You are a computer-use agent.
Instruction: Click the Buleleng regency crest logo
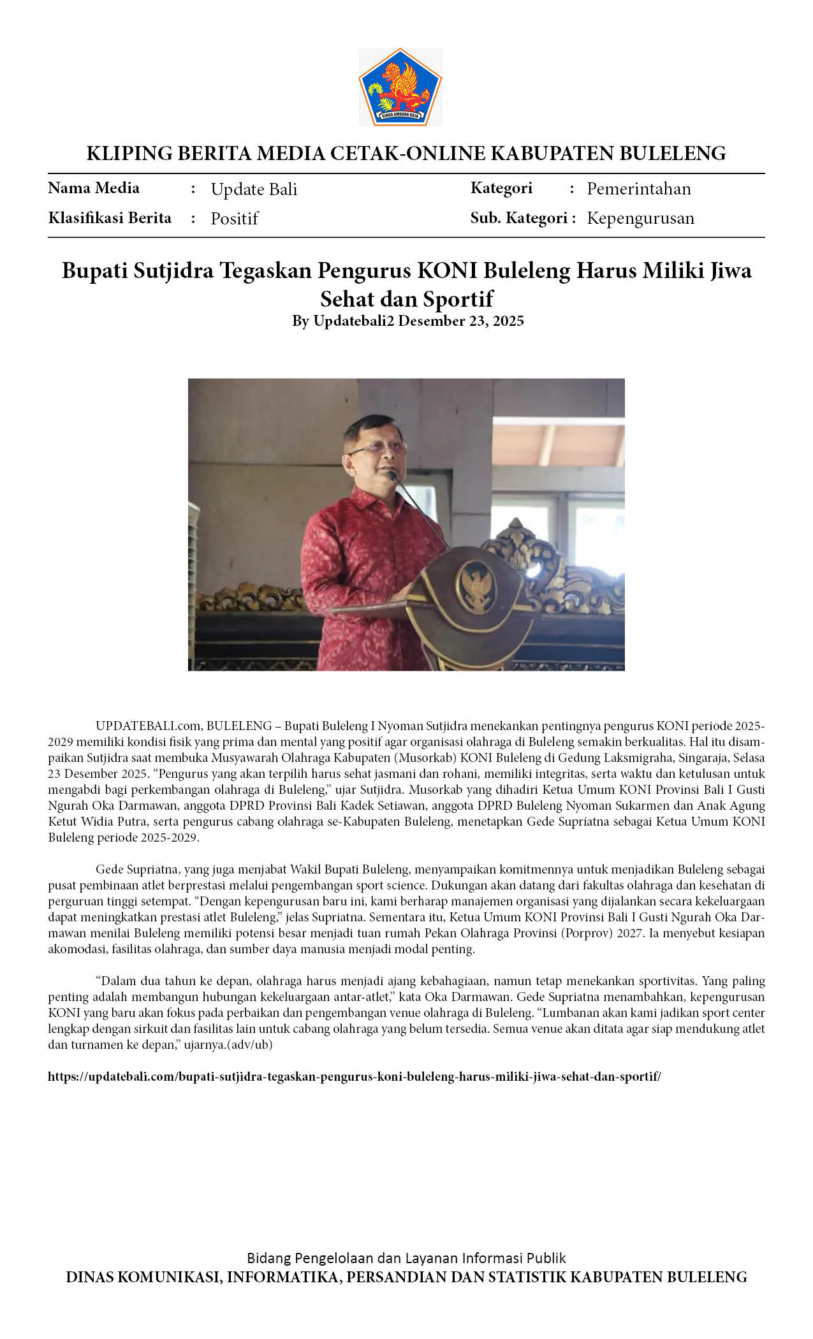pyautogui.click(x=400, y=87)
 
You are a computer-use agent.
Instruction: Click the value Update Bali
pyautogui.click(x=254, y=189)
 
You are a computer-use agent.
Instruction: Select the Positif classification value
pyautogui.click(x=234, y=219)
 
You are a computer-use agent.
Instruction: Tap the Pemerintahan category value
pyautogui.click(x=638, y=189)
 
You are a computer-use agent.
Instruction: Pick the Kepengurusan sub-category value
pyautogui.click(x=640, y=218)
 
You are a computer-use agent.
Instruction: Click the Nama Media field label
pyautogui.click(x=94, y=188)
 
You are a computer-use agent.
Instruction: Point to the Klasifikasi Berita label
pyautogui.click(x=110, y=218)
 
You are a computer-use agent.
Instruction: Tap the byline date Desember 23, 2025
pyautogui.click(x=460, y=321)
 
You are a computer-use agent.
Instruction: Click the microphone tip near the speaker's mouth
pyautogui.click(x=392, y=474)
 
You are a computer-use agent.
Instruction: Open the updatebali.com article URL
pyautogui.click(x=355, y=1076)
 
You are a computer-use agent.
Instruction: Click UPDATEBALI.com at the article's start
pyautogui.click(x=148, y=726)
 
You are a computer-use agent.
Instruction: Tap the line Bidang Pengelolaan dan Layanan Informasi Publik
pyautogui.click(x=406, y=1258)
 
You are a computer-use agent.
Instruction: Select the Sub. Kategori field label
pyautogui.click(x=519, y=218)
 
